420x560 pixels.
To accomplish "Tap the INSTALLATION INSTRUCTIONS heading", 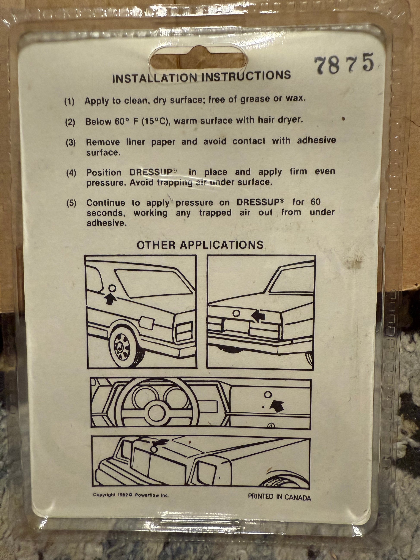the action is point(202,77).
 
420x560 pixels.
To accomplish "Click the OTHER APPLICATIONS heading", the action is point(200,245).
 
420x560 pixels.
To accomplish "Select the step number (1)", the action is point(69,102).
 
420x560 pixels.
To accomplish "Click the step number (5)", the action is point(71,203).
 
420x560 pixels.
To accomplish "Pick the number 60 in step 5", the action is point(316,202).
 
